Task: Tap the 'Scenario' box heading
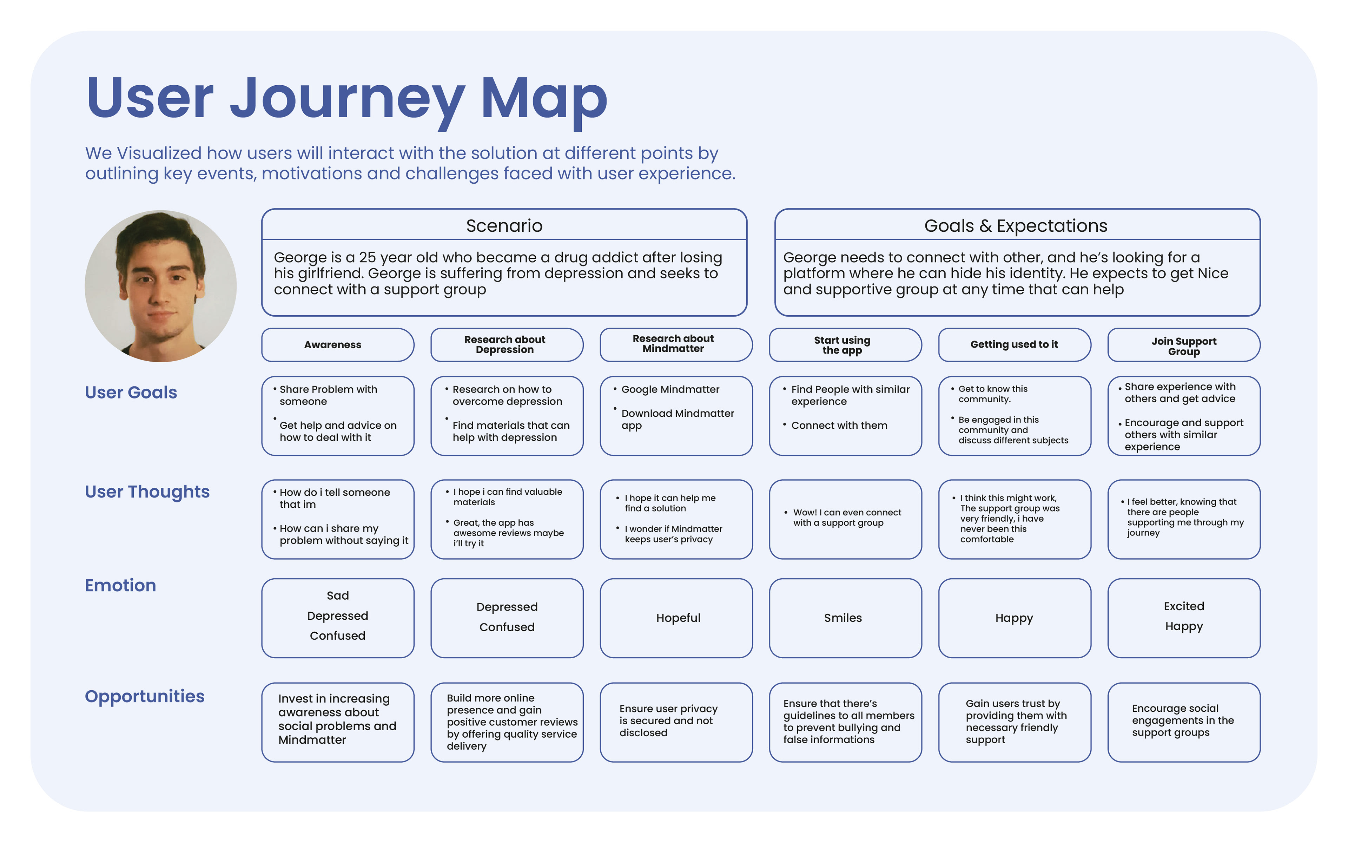(504, 226)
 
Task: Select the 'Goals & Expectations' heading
(1015, 226)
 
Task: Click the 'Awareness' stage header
(333, 344)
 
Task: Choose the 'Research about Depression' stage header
(504, 344)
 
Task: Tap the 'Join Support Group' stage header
(1184, 346)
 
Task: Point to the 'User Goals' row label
(131, 393)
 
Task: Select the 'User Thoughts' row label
(147, 492)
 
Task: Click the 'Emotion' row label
(120, 585)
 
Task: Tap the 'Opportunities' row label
(144, 696)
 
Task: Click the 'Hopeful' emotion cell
(678, 618)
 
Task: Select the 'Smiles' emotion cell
(842, 618)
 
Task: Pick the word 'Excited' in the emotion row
(1184, 606)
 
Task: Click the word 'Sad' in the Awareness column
(337, 595)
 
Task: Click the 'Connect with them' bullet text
(839, 426)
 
